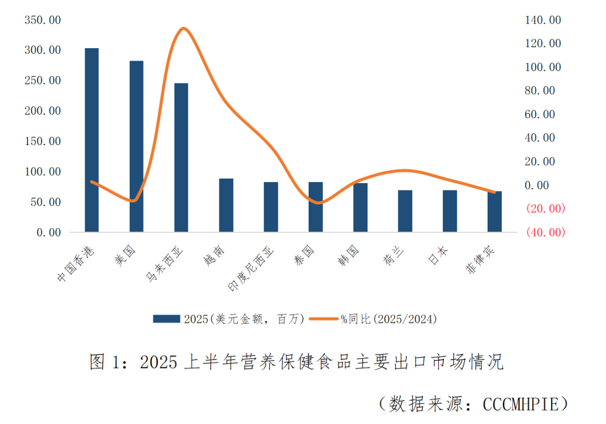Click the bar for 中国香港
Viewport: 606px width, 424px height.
click(x=91, y=140)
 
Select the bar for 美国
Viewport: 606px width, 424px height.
click(x=136, y=146)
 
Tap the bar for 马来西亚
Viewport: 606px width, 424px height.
click(x=181, y=157)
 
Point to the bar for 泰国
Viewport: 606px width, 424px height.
click(x=315, y=207)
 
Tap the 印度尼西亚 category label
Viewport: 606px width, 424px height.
click(x=252, y=269)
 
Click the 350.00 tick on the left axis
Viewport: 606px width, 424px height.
click(x=43, y=20)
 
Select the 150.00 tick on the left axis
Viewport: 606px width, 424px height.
click(x=43, y=141)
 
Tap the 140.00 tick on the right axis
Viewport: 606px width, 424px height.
click(x=543, y=20)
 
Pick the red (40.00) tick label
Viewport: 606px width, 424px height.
click(x=545, y=232)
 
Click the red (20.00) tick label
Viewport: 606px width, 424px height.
click(x=545, y=208)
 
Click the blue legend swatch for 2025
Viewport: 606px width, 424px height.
click(x=167, y=319)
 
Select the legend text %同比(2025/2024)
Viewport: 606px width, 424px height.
click(x=388, y=319)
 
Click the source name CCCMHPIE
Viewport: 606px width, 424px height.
click(x=521, y=404)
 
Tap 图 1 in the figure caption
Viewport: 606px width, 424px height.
click(x=105, y=362)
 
